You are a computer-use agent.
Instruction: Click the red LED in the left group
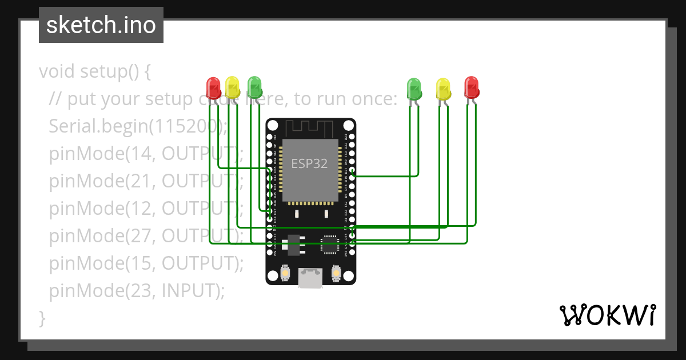click(x=213, y=88)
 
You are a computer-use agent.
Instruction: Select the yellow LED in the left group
click(x=232, y=87)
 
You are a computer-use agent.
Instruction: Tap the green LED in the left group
click(x=254, y=87)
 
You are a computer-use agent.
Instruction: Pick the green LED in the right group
click(x=414, y=88)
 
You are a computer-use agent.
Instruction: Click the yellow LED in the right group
click(x=443, y=89)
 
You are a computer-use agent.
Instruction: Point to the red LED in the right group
click(x=471, y=87)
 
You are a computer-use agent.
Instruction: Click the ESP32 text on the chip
click(x=309, y=163)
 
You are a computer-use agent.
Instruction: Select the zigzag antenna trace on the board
click(x=310, y=127)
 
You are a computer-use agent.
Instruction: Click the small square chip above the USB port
click(x=329, y=244)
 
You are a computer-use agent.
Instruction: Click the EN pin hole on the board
click(x=270, y=138)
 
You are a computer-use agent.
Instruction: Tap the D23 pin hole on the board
click(x=352, y=138)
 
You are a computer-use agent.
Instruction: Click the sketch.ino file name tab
click(x=101, y=25)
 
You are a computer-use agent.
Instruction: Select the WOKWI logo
click(x=607, y=315)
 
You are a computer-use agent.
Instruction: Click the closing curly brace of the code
click(x=42, y=317)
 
